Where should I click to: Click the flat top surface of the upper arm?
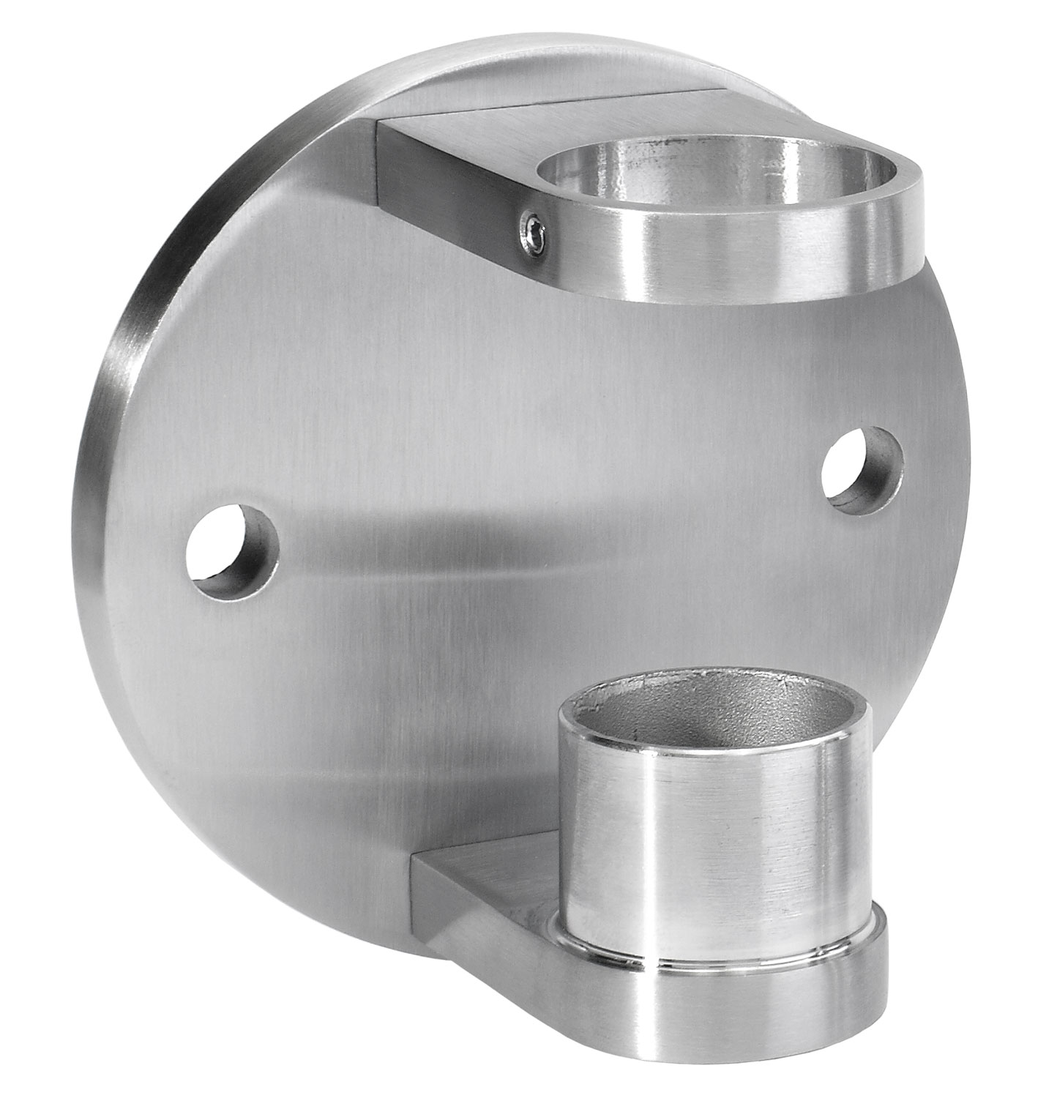coord(468,128)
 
